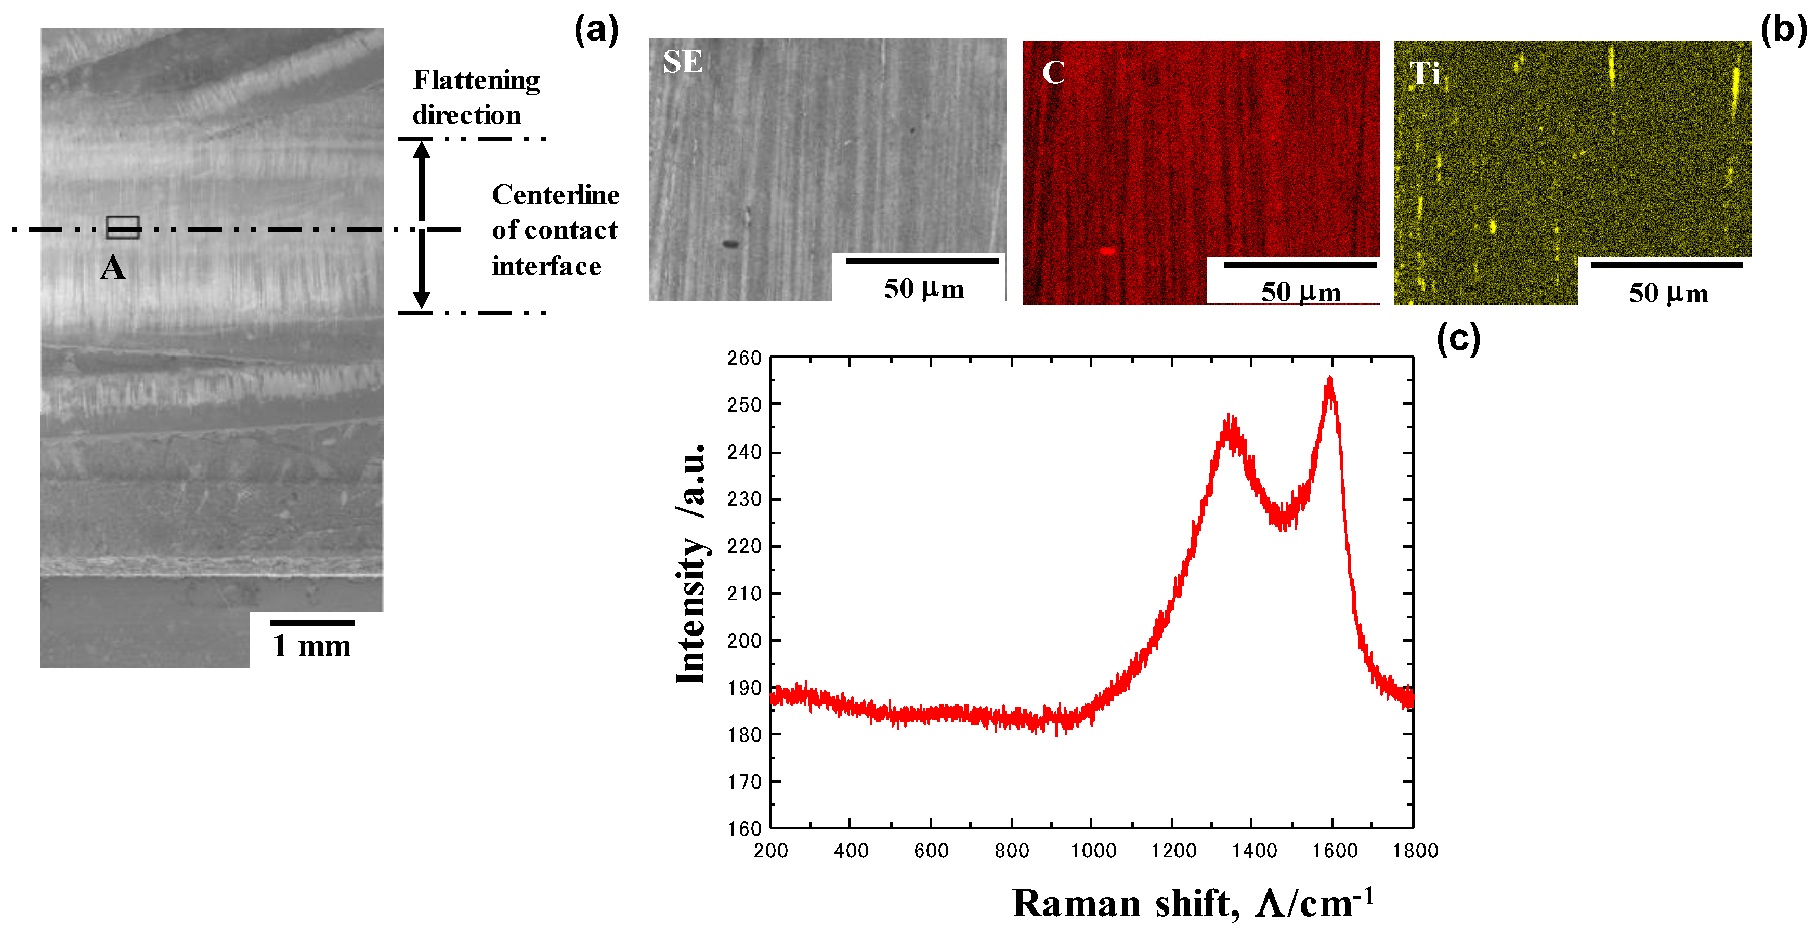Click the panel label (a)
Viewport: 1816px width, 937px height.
click(596, 31)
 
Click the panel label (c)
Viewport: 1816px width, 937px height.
click(1458, 339)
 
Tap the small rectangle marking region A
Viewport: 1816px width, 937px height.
click(123, 227)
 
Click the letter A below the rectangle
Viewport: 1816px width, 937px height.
click(113, 268)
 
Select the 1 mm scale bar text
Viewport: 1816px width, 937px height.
click(311, 645)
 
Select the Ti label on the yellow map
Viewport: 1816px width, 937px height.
click(1424, 73)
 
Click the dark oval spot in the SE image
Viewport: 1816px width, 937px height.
click(730, 244)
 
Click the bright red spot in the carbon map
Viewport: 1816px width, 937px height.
click(1107, 250)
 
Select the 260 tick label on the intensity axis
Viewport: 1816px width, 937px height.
click(744, 358)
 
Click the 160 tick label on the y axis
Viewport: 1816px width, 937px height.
click(744, 828)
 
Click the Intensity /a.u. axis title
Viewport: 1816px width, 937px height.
click(690, 564)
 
